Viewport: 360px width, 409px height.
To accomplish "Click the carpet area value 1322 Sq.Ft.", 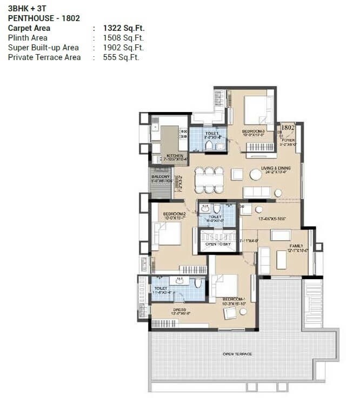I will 124,28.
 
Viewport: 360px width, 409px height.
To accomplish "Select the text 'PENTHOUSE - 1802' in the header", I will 44,18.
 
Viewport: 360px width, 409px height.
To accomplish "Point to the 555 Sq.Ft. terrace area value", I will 121,57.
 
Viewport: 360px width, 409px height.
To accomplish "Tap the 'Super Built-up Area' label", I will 43,48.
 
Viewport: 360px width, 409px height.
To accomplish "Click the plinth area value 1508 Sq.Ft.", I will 124,38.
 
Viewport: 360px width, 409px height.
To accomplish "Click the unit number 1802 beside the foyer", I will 288,128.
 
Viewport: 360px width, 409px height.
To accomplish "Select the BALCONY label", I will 161,177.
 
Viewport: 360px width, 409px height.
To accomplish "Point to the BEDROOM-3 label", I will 253,131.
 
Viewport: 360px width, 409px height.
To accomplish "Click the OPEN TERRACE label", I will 237,354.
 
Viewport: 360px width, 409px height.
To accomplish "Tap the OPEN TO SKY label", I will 217,244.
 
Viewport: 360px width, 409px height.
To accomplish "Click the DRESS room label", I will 178,310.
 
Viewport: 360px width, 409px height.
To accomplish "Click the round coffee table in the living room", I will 256,174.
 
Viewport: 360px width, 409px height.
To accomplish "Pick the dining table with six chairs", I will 209,180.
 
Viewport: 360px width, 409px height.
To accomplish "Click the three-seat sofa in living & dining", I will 257,192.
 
